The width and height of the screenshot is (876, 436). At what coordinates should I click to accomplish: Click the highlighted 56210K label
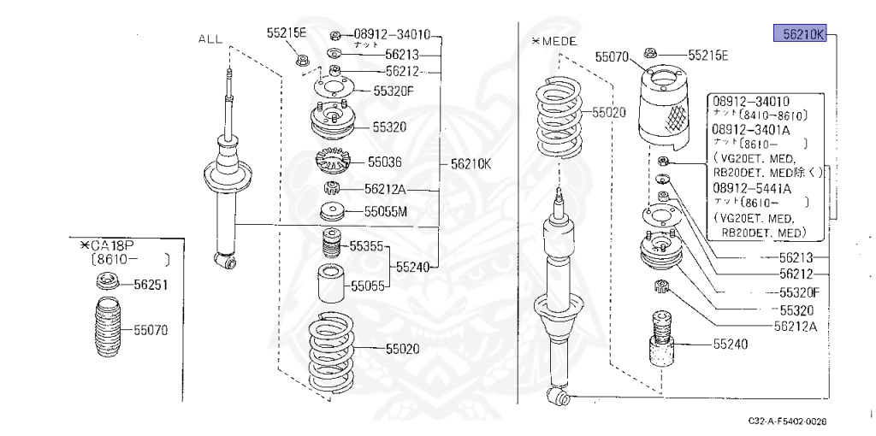tap(799, 34)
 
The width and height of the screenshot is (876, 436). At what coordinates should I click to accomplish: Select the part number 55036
tap(385, 161)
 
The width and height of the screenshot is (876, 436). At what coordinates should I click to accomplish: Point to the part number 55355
tap(366, 247)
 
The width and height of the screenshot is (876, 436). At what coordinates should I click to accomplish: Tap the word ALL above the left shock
tap(210, 39)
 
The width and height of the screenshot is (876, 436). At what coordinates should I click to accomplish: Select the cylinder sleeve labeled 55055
tap(330, 285)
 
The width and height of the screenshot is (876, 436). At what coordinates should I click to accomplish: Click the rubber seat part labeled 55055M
tap(330, 212)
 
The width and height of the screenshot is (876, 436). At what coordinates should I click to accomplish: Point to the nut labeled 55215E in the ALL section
tap(302, 60)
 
